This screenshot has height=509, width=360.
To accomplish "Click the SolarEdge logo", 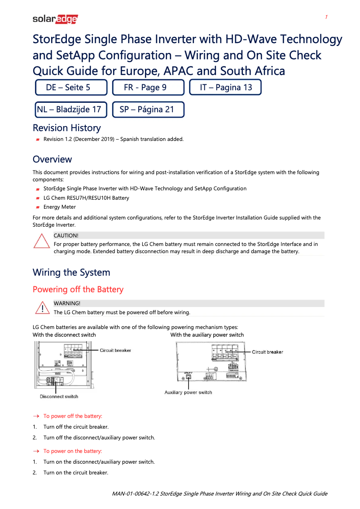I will (x=55, y=19).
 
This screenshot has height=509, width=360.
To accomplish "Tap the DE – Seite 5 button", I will (x=71, y=88).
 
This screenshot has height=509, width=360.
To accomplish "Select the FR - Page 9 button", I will (x=148, y=88).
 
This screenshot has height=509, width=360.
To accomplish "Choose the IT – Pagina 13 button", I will (x=225, y=88).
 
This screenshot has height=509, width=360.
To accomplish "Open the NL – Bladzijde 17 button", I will (x=71, y=109).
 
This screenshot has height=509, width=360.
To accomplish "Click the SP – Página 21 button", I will (x=148, y=109).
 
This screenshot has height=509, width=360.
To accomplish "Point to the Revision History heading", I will (x=66, y=128).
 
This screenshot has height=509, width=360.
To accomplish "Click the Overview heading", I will (x=52, y=159).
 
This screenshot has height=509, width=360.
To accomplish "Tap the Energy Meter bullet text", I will (x=59, y=207).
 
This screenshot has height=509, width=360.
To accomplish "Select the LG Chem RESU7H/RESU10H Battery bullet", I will (x=86, y=198).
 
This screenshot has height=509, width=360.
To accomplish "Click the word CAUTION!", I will (x=66, y=235).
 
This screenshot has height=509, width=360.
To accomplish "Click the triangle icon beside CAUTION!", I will (x=41, y=241).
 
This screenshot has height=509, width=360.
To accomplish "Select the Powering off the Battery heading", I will (x=78, y=290).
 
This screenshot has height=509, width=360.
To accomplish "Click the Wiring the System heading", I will (x=71, y=272).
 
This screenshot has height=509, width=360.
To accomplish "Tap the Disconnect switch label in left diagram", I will (x=59, y=396).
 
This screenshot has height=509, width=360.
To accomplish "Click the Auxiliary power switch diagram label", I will (x=188, y=392).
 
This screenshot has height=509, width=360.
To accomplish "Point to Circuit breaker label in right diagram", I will (x=267, y=352).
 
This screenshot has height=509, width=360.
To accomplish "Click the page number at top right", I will (x=326, y=17).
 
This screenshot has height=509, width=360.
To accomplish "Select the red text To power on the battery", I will (x=72, y=451).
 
